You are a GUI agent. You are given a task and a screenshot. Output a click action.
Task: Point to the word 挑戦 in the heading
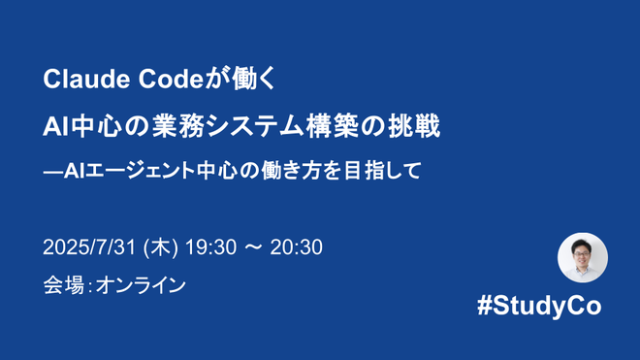point(416,127)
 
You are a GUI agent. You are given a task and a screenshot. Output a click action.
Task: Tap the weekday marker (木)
point(160,248)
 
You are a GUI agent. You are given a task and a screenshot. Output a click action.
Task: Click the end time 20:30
point(297,248)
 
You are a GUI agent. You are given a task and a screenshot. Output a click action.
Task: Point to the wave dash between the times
point(253,248)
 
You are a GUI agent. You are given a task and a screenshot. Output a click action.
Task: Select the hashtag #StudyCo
point(539,306)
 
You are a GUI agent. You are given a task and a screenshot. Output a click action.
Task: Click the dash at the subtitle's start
point(51,172)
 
